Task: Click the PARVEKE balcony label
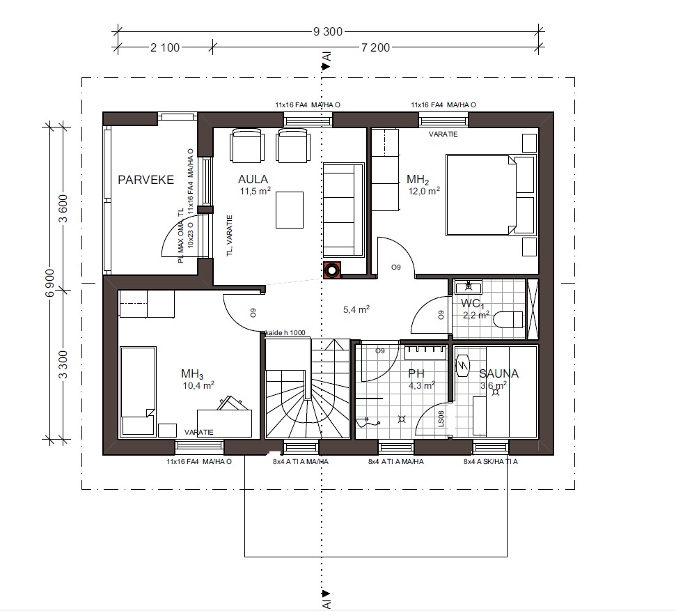coord(146,180)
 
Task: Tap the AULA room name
coord(253,180)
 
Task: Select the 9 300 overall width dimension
coord(327,31)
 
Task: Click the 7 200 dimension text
coord(375,47)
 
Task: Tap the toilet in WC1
coord(507,320)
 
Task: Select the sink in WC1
coord(469,286)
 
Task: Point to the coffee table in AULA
coord(289,210)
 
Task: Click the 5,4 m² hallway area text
coord(357,309)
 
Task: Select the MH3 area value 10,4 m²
coord(198,385)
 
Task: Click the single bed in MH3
coord(138,391)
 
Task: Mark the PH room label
coord(415,373)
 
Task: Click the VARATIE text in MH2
coord(443,134)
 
